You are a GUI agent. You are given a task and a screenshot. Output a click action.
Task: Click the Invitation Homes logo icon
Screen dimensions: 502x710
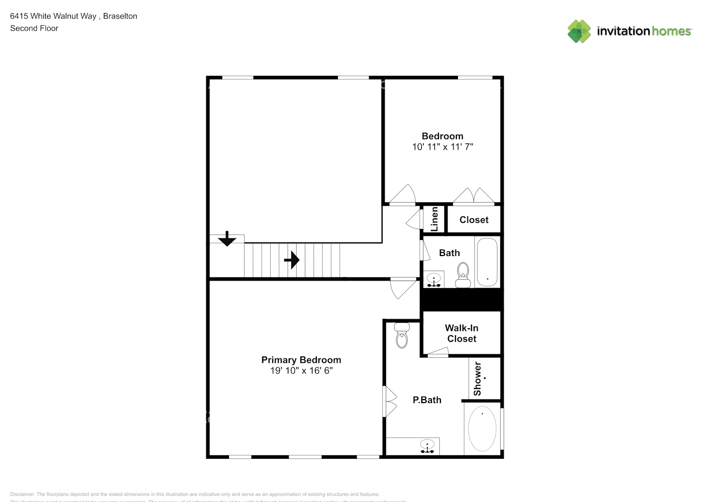click(579, 31)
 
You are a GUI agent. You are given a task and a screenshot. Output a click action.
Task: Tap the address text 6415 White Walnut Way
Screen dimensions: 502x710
click(53, 16)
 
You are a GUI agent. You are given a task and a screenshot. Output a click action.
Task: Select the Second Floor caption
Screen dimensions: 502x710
click(34, 28)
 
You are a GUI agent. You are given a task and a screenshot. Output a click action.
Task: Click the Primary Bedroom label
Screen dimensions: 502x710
click(301, 360)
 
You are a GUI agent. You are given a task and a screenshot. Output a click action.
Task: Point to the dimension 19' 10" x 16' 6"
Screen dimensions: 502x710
click(301, 371)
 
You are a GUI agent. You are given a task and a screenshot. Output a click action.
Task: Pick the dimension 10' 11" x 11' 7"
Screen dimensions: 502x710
click(442, 147)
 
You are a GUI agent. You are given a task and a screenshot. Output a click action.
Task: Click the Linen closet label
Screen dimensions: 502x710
click(434, 219)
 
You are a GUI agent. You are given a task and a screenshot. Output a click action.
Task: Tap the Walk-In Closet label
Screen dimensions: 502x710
click(461, 333)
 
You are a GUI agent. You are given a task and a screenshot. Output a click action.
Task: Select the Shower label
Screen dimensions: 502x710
click(478, 379)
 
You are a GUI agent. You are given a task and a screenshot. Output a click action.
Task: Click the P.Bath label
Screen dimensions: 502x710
click(427, 400)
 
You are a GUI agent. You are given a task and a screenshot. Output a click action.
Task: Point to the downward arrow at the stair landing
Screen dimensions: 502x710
click(227, 238)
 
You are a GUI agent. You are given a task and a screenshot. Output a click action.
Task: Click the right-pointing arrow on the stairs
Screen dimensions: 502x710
click(292, 260)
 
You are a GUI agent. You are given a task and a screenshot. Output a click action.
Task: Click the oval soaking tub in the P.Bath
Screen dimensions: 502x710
click(482, 429)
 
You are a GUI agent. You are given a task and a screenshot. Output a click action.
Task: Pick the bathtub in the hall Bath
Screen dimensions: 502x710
click(487, 262)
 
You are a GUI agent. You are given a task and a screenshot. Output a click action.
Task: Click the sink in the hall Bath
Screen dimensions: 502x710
click(433, 279)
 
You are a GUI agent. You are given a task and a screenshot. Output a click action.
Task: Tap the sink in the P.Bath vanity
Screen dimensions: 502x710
click(427, 446)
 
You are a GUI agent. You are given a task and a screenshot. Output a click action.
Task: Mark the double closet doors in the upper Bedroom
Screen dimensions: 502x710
click(474, 196)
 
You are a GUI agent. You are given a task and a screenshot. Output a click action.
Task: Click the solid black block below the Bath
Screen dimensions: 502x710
click(461, 300)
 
